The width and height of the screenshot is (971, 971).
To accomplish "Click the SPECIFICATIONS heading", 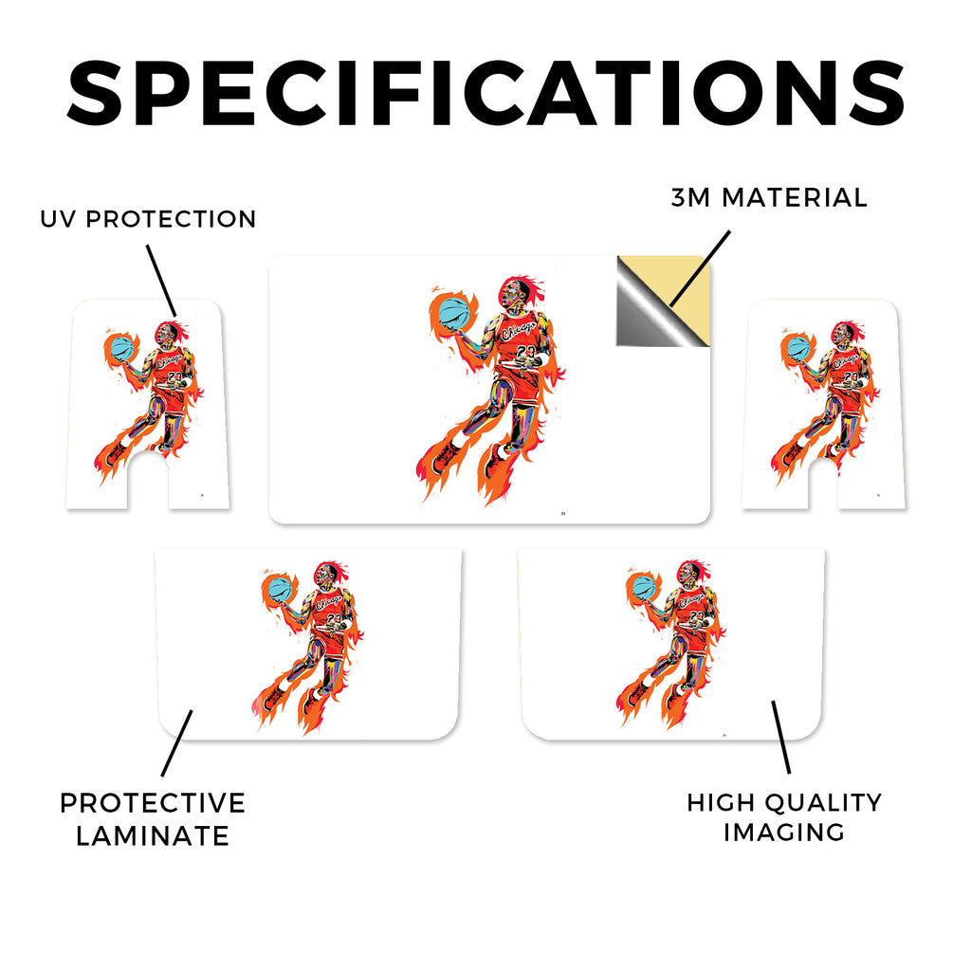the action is (x=485, y=94).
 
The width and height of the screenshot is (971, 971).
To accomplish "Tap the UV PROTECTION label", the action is (x=148, y=219).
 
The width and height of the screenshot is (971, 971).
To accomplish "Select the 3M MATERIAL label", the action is (x=769, y=198).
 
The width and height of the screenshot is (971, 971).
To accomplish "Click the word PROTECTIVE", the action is (x=153, y=803).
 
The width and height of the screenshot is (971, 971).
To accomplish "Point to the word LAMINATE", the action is (x=153, y=836).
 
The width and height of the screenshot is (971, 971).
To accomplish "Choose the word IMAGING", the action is (x=784, y=833).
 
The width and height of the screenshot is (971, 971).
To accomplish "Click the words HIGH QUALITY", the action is (x=784, y=802).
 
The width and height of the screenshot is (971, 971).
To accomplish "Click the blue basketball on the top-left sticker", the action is (x=122, y=348).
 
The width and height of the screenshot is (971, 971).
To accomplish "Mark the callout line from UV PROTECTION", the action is (x=161, y=281).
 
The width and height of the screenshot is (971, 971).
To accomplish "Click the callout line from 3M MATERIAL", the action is (x=700, y=268).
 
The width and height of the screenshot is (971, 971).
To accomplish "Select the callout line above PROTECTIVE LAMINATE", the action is (x=176, y=743).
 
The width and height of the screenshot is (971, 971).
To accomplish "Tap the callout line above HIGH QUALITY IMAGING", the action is (x=781, y=737).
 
